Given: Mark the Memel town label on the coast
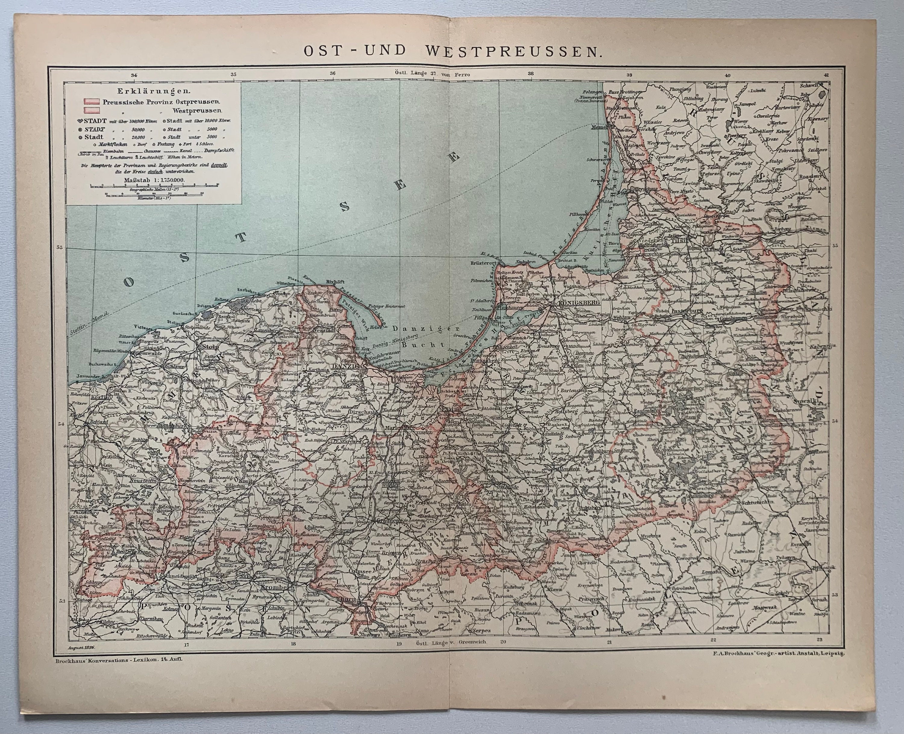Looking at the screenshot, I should coord(598,127).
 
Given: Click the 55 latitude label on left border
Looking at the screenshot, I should coord(60,247).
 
